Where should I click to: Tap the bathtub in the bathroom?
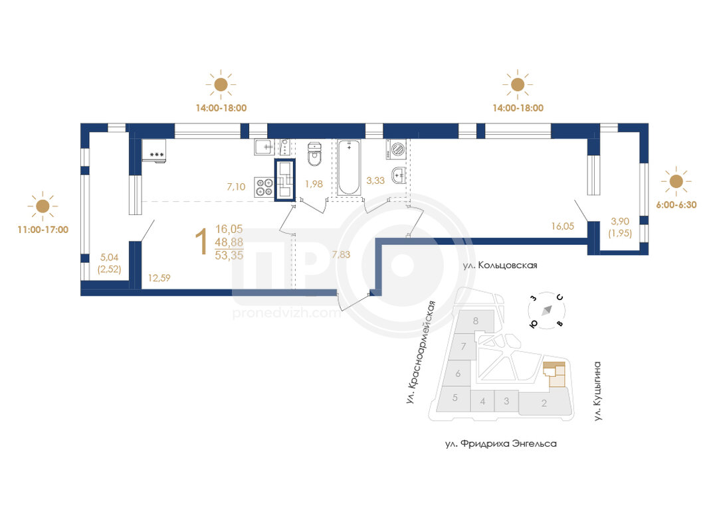point(349,167)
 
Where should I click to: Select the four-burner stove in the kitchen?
point(264,187)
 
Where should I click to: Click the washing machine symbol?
point(397,149)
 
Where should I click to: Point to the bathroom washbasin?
point(398,175)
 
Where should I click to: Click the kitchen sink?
point(265,147)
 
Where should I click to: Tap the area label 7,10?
point(236,187)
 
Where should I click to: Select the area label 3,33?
point(375,181)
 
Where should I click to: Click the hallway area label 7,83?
point(341,255)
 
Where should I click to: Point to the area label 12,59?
point(159,278)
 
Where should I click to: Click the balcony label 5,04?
point(109,258)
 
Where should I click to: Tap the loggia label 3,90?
point(620,221)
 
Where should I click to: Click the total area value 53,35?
point(229,256)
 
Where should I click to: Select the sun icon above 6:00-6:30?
point(676,181)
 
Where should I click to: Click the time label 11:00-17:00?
point(43,230)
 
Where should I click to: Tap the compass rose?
point(547,310)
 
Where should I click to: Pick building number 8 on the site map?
point(476,321)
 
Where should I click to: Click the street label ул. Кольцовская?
point(500,265)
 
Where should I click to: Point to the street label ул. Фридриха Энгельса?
point(501,444)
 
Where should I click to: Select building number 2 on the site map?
point(544,403)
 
